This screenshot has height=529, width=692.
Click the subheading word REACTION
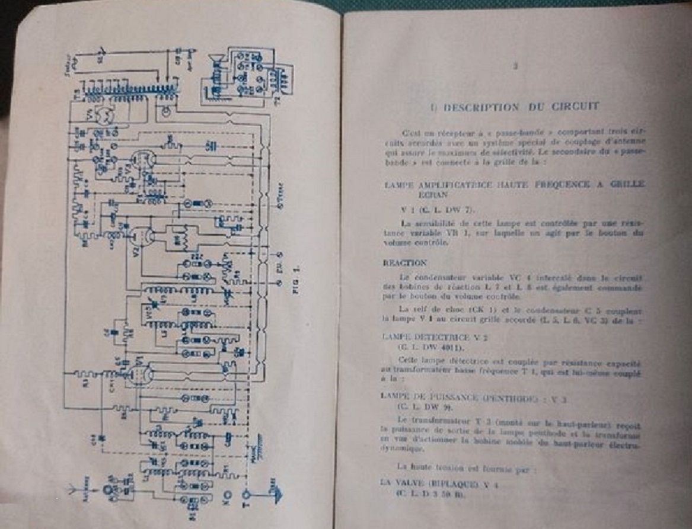tap(405, 262)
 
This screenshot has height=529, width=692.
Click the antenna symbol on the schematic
tap(74, 489)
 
